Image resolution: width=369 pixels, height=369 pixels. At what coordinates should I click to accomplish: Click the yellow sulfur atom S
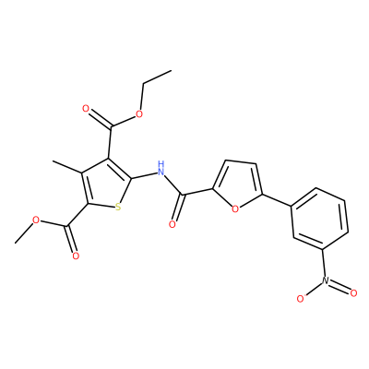(x=118, y=208)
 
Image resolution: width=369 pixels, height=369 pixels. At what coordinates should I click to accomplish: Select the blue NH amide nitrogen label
(x=161, y=168)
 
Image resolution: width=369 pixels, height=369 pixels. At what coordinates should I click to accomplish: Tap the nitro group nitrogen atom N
(x=326, y=280)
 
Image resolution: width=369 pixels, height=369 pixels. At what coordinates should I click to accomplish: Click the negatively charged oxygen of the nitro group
(x=301, y=298)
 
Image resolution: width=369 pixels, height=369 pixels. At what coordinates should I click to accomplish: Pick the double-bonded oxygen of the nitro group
(x=353, y=292)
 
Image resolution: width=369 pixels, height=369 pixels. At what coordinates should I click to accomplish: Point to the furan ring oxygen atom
(x=235, y=209)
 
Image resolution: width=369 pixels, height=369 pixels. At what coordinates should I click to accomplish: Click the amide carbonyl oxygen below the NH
(x=173, y=224)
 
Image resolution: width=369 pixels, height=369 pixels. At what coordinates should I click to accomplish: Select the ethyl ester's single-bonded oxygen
(x=139, y=114)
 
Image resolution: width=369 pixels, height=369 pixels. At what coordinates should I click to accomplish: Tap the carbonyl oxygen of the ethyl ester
(x=86, y=109)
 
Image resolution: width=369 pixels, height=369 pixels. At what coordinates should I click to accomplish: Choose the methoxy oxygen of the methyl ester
(x=36, y=220)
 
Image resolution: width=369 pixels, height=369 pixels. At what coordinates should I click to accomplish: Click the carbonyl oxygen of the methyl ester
(x=76, y=256)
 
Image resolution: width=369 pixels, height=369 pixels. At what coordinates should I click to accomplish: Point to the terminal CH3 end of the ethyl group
(x=171, y=70)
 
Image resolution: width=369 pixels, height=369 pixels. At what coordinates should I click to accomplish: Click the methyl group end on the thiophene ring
(x=53, y=161)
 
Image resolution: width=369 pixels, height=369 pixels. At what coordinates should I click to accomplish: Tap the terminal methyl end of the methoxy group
(x=15, y=244)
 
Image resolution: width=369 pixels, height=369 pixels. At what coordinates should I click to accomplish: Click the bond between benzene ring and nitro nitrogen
(x=323, y=262)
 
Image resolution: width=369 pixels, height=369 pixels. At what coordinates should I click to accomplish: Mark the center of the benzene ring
(x=319, y=219)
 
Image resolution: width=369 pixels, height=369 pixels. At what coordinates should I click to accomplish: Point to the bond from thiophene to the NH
(x=144, y=175)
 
